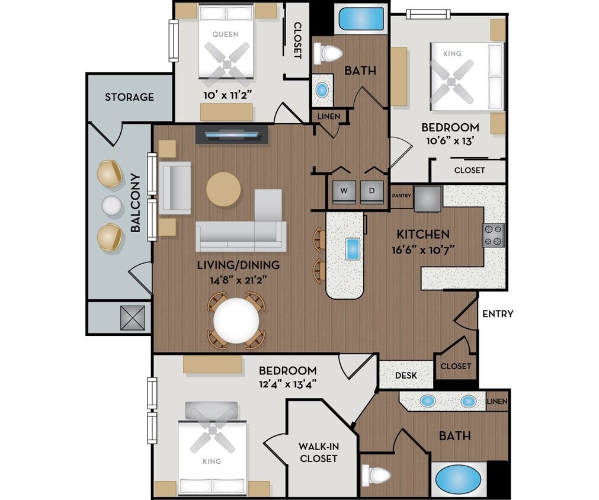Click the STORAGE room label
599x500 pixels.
[129, 97]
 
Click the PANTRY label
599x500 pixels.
[401, 196]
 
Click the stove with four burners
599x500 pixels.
[493, 235]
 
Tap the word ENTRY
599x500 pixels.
[497, 314]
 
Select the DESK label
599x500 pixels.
[405, 376]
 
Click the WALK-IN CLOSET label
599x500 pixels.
[318, 453]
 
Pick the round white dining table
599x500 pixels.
[236, 320]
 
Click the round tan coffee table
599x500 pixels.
[223, 190]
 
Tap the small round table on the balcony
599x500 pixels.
[110, 206]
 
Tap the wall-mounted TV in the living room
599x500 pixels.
[232, 136]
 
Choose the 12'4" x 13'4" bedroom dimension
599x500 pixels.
[287, 383]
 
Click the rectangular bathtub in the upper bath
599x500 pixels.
[360, 20]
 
